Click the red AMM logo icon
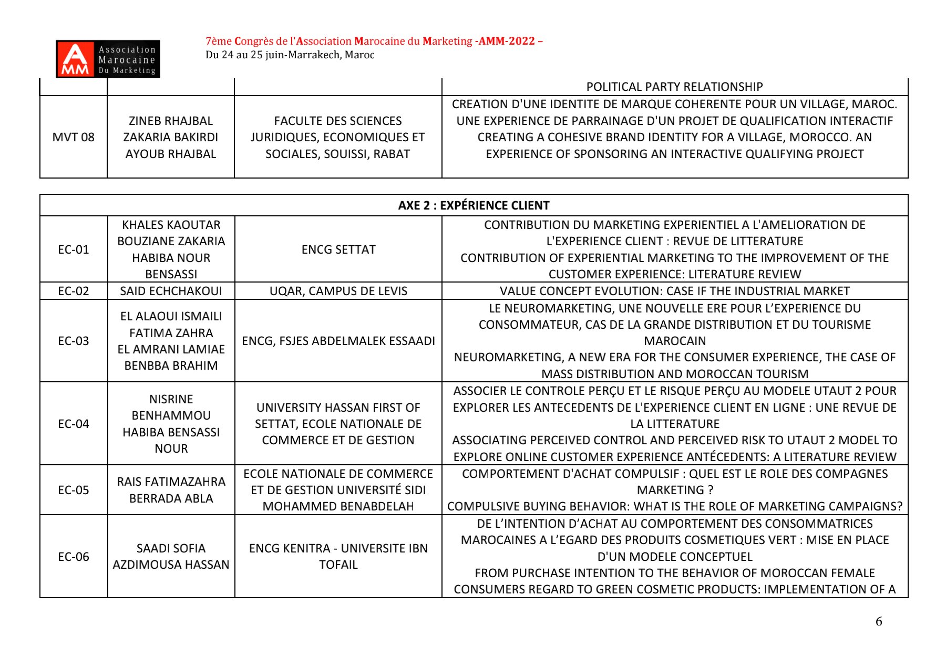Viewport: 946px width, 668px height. click(75, 59)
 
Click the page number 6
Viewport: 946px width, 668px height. click(879, 622)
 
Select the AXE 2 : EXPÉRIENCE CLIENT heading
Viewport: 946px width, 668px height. click(474, 205)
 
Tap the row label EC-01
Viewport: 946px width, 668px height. click(74, 249)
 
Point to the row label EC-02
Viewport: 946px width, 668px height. click(74, 291)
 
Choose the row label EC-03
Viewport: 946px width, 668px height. click(74, 341)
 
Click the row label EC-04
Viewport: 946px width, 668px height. click(74, 424)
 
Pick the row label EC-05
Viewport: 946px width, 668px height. click(74, 490)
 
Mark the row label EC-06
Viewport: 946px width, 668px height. click(74, 557)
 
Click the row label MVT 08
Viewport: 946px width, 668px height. click(74, 138)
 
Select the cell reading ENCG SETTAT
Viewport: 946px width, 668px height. click(338, 249)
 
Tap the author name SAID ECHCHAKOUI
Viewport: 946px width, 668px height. click(171, 291)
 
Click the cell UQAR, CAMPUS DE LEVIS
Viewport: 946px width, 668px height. click(338, 291)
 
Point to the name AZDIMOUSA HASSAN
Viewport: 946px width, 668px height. click(171, 565)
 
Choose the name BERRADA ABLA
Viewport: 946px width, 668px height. click(171, 498)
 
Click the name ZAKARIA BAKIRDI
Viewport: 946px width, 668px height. click(171, 138)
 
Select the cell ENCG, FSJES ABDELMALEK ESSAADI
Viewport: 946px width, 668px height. click(338, 341)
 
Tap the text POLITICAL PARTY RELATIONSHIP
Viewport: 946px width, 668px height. click(674, 87)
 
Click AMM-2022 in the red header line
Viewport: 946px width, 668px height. click(507, 41)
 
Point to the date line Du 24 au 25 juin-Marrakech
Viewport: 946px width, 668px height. click(290, 55)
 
